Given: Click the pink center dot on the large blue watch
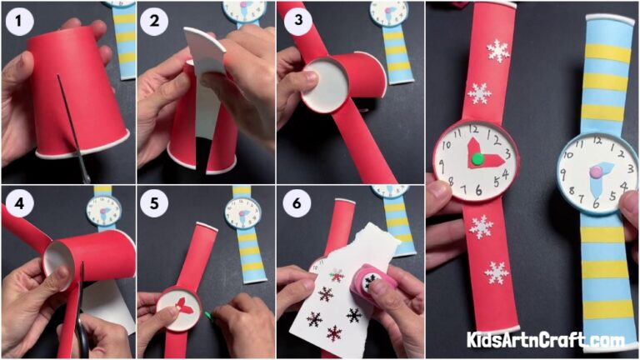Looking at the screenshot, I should coord(597,172).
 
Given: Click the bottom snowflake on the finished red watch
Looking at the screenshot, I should coord(497,272).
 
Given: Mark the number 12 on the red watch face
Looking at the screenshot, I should coord(474,130).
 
